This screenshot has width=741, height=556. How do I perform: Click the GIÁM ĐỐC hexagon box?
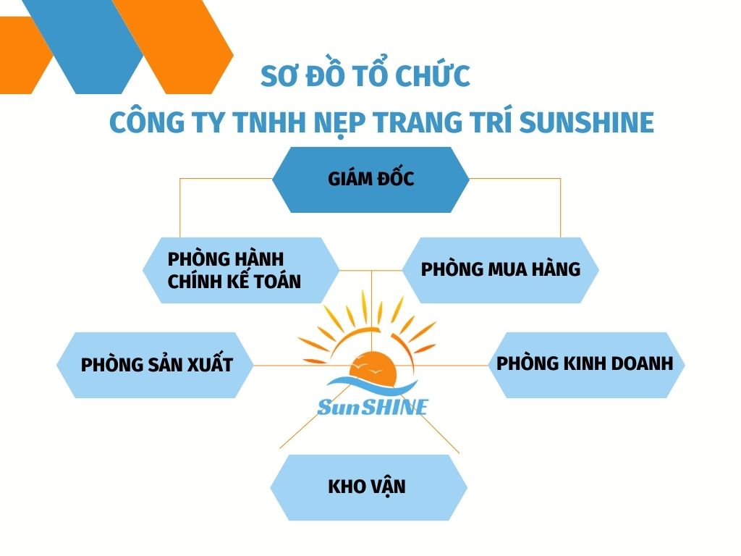(x=371, y=180)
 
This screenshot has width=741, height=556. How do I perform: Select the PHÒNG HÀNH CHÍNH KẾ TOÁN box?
(x=241, y=271)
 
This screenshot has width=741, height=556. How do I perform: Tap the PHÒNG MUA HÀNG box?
(x=501, y=271)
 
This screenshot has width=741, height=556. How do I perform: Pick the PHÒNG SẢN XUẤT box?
(x=155, y=365)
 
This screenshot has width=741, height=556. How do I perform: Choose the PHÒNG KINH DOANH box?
(x=586, y=365)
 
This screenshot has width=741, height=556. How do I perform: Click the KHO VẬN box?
(x=368, y=487)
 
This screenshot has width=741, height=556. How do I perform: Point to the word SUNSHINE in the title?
(x=586, y=122)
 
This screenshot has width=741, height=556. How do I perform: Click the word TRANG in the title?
(x=418, y=122)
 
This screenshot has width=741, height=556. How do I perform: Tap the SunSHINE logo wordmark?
(x=373, y=407)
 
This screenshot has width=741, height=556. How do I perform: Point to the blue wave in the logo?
(x=371, y=385)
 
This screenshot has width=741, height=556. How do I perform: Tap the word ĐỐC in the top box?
(x=396, y=178)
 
